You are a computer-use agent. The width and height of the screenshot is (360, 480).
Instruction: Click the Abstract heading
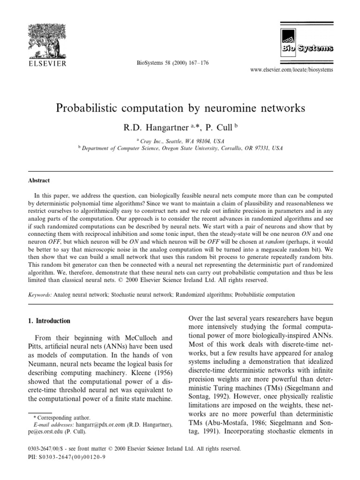(38, 180)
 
